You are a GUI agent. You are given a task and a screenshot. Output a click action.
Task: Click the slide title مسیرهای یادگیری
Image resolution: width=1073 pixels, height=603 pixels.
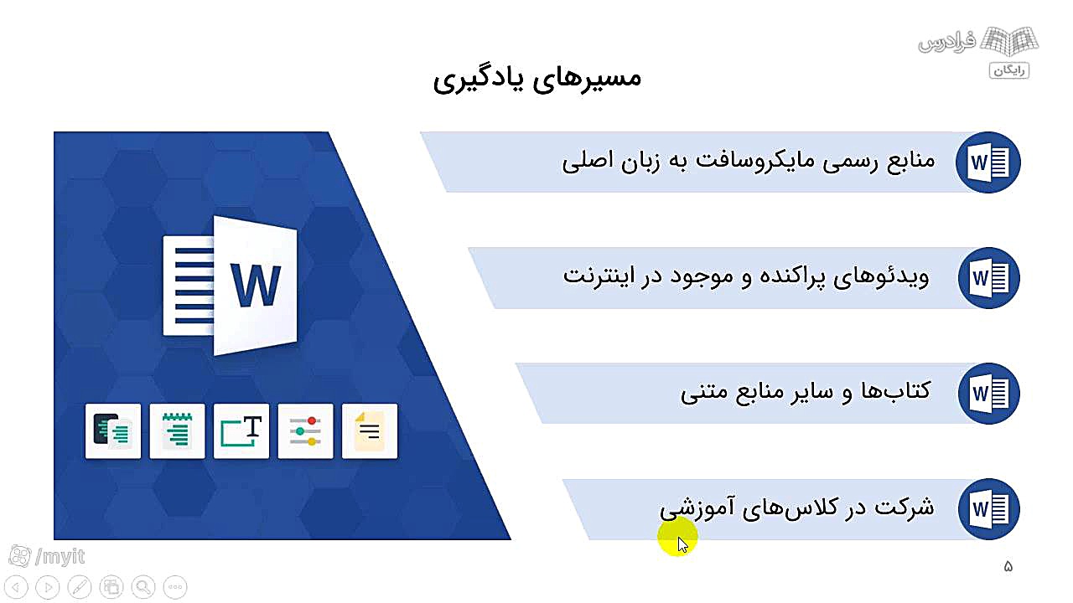(x=537, y=79)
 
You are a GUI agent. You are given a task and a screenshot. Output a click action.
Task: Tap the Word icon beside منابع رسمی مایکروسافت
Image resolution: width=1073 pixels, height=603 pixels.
(x=988, y=162)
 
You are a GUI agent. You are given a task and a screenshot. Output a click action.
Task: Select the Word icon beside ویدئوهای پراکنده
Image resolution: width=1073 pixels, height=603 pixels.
(x=988, y=278)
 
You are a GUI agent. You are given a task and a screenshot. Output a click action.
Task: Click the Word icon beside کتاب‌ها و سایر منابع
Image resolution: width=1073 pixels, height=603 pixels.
(x=988, y=394)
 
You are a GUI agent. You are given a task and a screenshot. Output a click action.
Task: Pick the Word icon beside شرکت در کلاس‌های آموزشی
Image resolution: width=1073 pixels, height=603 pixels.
(x=988, y=509)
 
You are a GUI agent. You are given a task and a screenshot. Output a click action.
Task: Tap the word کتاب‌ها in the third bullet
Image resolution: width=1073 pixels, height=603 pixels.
(x=896, y=390)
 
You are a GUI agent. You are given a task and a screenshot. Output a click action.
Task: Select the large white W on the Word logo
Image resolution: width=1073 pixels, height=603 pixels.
(x=256, y=286)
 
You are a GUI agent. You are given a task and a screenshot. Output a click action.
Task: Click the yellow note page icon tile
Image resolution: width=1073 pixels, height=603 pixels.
(x=370, y=431)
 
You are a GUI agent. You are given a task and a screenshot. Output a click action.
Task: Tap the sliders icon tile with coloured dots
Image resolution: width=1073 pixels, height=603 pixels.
(x=306, y=431)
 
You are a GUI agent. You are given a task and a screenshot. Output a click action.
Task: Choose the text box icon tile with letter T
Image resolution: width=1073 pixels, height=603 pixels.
(x=241, y=431)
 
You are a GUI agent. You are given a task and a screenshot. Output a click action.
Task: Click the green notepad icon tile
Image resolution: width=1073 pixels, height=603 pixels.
(x=177, y=431)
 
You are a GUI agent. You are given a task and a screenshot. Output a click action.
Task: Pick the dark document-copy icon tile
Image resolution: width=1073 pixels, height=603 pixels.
(x=113, y=431)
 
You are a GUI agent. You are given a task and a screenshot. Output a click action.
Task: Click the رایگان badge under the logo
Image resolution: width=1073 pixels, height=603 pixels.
(x=1009, y=70)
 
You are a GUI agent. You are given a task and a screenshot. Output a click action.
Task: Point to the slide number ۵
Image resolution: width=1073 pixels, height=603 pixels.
(x=1008, y=567)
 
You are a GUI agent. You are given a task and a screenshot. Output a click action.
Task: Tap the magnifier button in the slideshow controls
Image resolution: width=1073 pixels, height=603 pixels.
(x=143, y=587)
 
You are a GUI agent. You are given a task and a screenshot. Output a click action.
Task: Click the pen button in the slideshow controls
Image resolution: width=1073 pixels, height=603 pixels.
(x=80, y=587)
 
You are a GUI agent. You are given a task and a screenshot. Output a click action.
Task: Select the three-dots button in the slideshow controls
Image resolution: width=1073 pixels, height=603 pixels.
(x=175, y=587)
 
